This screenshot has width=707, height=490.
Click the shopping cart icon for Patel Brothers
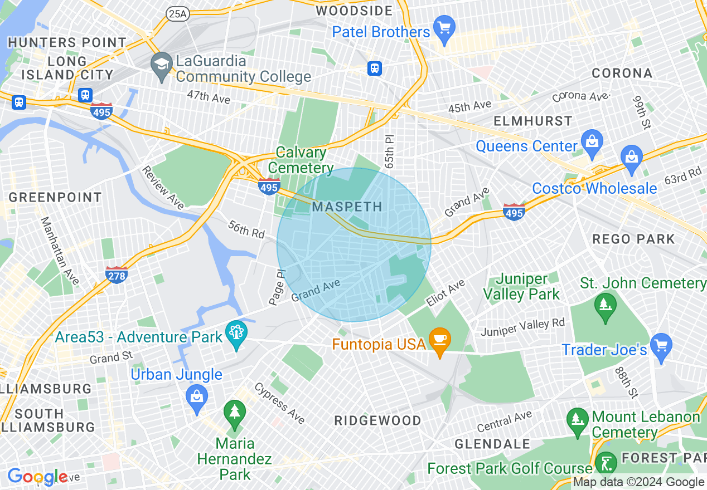click(x=445, y=28)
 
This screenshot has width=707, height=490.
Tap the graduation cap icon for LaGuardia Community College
click(x=162, y=62)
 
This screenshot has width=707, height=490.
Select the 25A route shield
click(x=177, y=14)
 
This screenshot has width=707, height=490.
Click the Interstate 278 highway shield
click(x=117, y=275)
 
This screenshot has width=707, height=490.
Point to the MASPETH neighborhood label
click(x=347, y=207)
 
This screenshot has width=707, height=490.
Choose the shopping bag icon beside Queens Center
click(x=591, y=143)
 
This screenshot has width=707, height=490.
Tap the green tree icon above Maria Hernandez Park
click(x=235, y=413)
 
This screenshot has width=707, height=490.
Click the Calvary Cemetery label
click(x=301, y=160)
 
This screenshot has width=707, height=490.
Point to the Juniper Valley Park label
click(x=521, y=286)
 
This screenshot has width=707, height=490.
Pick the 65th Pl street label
click(x=389, y=150)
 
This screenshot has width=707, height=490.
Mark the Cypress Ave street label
click(x=280, y=403)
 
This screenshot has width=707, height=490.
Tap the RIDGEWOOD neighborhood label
click(x=377, y=420)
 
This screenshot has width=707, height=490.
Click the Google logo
click(x=37, y=477)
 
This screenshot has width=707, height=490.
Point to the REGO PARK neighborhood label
click(x=633, y=239)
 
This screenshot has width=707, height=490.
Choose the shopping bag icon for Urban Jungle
click(x=196, y=397)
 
